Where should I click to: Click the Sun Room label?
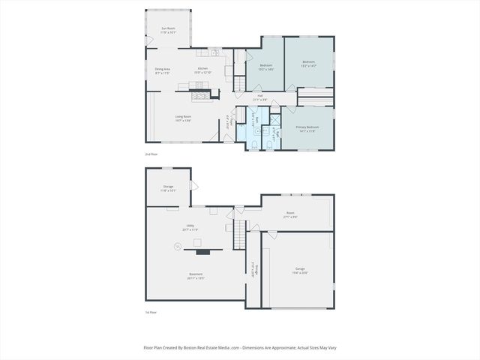(x=168, y=31)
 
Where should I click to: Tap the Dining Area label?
(x=163, y=70)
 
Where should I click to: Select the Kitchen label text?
(x=202, y=70)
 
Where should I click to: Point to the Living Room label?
(x=183, y=117)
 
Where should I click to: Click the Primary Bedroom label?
(x=307, y=128)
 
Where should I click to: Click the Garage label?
(x=300, y=271)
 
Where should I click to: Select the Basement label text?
(x=196, y=275)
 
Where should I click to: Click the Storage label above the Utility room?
(x=168, y=187)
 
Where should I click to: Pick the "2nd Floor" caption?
(x=151, y=154)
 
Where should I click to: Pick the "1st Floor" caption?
(x=151, y=312)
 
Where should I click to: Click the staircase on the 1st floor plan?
(x=240, y=236)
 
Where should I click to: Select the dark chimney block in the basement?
(x=197, y=242)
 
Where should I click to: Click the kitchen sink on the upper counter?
(x=214, y=53)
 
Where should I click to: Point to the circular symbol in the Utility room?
(x=178, y=244)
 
